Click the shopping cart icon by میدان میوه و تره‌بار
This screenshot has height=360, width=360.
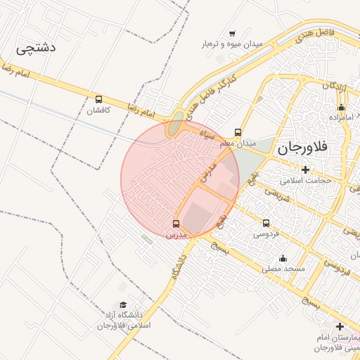point(232,33)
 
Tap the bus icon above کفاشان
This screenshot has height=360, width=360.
point(98,100)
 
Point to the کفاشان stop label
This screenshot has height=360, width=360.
point(98,110)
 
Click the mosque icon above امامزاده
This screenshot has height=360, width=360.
point(341,107)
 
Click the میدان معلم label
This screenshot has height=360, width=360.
point(237,143)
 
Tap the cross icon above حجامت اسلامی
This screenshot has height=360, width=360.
point(305,169)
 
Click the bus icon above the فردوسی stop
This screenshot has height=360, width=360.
point(266,223)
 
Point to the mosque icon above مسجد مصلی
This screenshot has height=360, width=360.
point(283,258)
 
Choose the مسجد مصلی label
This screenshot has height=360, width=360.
point(283,269)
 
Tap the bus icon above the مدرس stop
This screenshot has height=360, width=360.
point(176,224)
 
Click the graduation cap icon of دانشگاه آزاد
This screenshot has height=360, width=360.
point(124,305)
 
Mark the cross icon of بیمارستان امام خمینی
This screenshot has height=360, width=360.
point(340,327)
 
